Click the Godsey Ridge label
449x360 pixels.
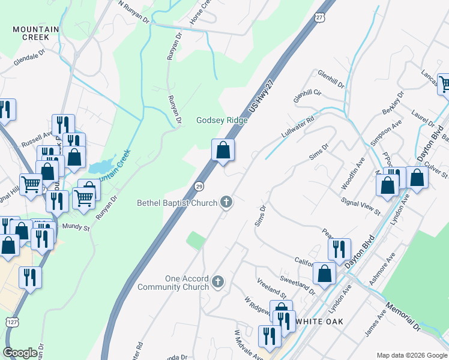click(x=222, y=120)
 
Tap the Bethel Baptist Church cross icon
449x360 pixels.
click(x=226, y=202)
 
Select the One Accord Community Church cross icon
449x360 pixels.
click(x=218, y=281)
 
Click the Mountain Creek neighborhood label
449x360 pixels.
click(x=36, y=33)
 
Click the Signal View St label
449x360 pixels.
click(x=360, y=206)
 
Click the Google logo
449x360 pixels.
click(x=20, y=353)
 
